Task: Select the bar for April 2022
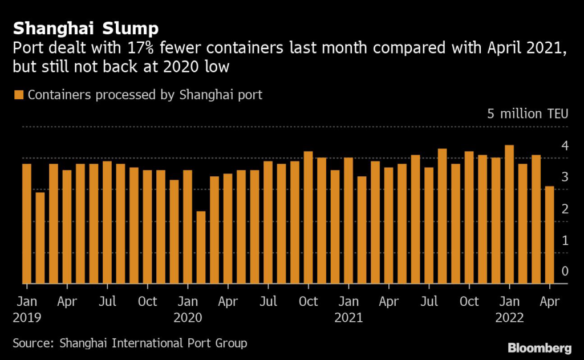click(x=549, y=234)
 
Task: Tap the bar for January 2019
click(x=27, y=223)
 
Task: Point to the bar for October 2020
click(x=308, y=217)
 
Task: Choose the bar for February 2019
click(x=40, y=237)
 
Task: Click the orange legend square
click(x=19, y=95)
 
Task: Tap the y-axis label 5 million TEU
click(x=528, y=114)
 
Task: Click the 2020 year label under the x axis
click(x=187, y=317)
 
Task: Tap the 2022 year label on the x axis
click(x=509, y=317)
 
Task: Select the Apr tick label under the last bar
click(x=549, y=301)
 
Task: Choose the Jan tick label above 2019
click(x=26, y=301)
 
